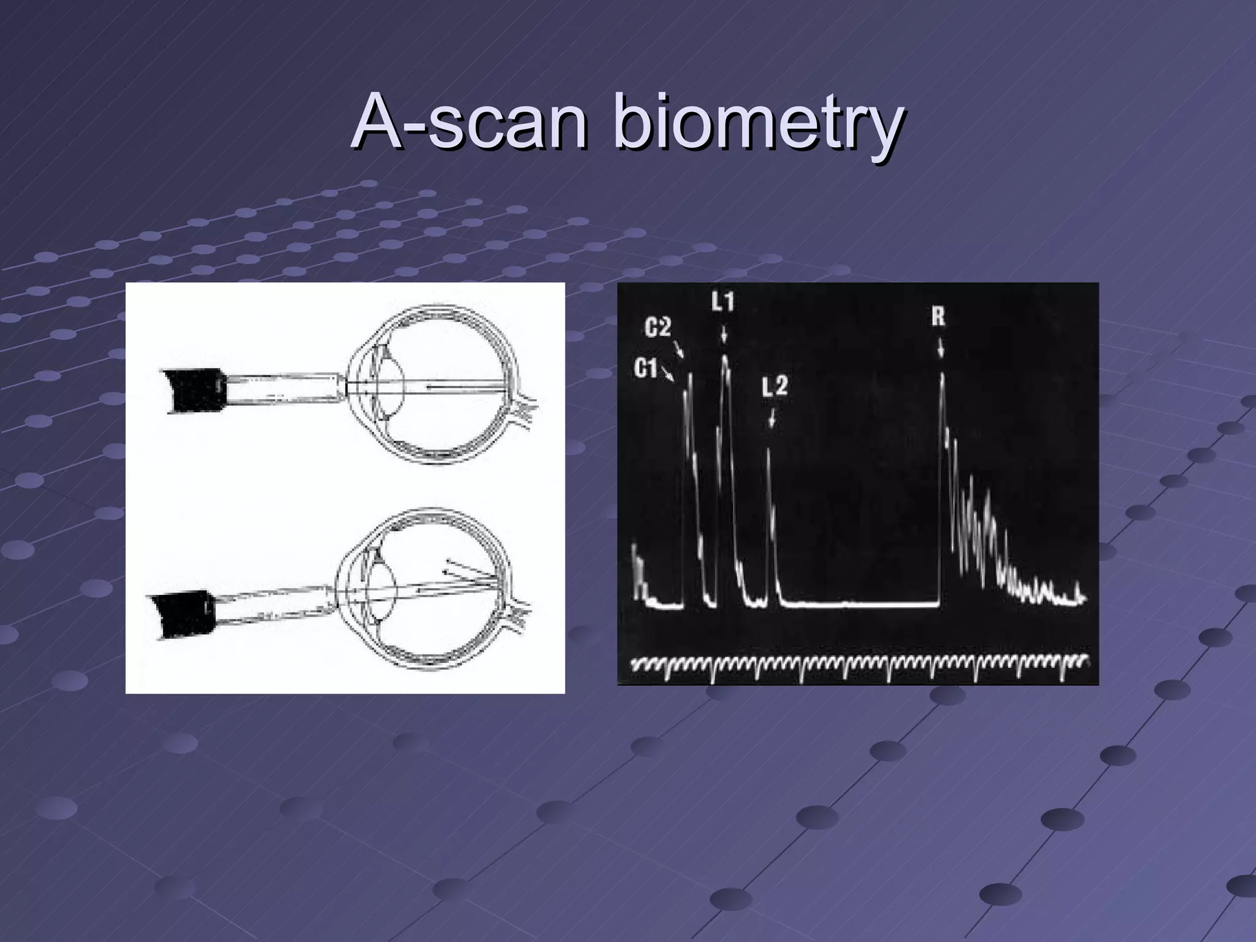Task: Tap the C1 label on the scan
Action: (645, 368)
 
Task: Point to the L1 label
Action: (723, 302)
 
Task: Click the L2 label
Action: (775, 387)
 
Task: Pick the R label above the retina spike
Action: (938, 317)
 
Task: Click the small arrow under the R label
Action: (940, 348)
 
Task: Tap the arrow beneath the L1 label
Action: (724, 334)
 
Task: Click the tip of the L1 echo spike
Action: (725, 357)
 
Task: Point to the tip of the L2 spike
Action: (768, 449)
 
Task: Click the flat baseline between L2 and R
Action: (859, 605)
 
